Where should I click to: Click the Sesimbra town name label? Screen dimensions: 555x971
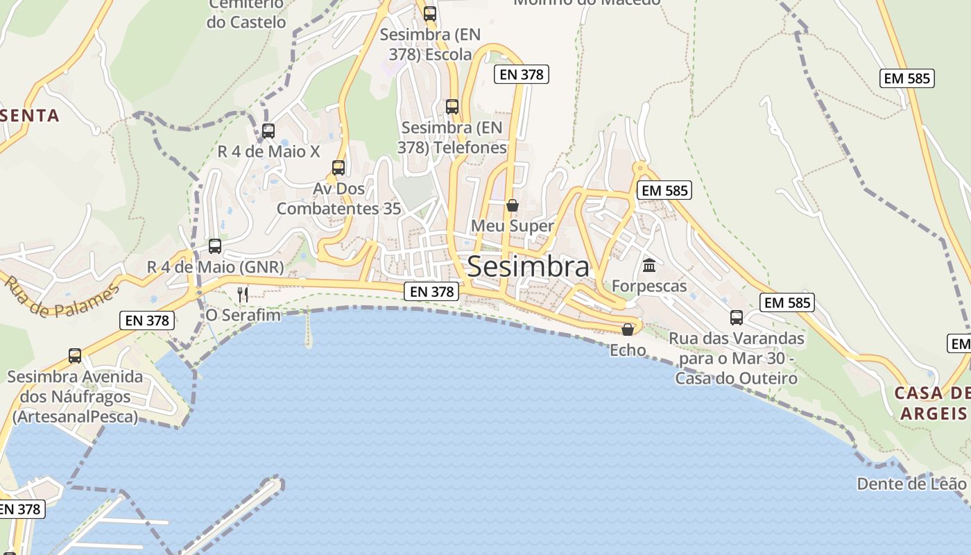point(529,266)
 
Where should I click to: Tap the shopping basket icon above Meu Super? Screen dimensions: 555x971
point(513,205)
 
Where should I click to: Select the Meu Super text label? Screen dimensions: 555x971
point(513,226)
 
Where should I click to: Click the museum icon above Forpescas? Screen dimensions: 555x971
point(649,265)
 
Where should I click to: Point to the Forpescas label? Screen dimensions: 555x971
point(649,286)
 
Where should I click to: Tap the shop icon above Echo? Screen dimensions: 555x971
point(628,330)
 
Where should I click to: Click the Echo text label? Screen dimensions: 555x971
point(628,350)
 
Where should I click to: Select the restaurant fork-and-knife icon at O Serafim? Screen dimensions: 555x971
point(243,295)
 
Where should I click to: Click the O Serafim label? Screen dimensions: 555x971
point(243,316)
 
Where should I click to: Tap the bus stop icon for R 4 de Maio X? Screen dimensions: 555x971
point(268,130)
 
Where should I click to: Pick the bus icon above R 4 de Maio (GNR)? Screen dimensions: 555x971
point(215,246)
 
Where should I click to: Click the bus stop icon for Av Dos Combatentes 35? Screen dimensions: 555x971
point(338,168)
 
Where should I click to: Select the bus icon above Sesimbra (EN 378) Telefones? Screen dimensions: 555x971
point(452,107)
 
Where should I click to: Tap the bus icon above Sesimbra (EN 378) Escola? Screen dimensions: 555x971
point(430,13)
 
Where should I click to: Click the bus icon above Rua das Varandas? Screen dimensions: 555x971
point(737,318)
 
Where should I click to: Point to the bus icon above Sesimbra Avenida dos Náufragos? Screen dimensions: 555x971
point(75,356)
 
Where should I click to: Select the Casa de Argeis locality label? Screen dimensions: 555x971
point(933,404)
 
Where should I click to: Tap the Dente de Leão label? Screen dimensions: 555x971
point(911,484)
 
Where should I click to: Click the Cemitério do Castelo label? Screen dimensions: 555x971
point(246,14)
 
